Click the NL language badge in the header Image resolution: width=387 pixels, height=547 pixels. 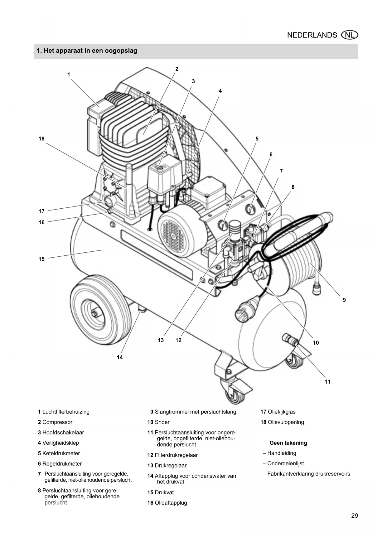point(350,35)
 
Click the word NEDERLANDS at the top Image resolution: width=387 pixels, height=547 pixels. point(312,35)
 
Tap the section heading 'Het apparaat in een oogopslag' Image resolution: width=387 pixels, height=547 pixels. point(90,51)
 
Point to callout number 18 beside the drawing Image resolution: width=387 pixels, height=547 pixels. point(41,139)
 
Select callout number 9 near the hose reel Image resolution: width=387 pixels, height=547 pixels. point(344,300)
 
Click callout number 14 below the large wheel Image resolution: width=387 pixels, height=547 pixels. point(120,357)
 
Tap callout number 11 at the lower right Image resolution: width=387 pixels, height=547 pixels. point(327,382)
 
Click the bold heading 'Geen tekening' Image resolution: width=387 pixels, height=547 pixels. point(288,443)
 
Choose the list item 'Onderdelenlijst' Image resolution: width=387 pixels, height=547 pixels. point(285,463)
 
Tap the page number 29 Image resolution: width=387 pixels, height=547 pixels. point(355,516)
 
